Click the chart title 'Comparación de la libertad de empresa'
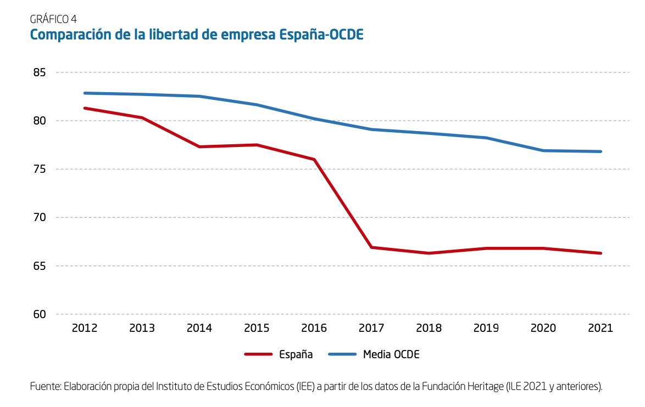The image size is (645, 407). pyautogui.click(x=196, y=35)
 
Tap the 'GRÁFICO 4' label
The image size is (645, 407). pyautogui.click(x=53, y=19)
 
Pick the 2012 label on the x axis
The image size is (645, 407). pyautogui.click(x=85, y=328)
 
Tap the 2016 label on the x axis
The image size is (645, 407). pyautogui.click(x=314, y=328)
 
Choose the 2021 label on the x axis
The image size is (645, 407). pyautogui.click(x=600, y=328)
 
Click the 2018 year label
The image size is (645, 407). pyautogui.click(x=429, y=328)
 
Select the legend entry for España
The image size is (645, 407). pyautogui.click(x=296, y=354)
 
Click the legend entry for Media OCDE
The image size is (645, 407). pyautogui.click(x=391, y=354)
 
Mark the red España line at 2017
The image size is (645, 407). pyautogui.click(x=371, y=247)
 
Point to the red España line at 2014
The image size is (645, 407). pyautogui.click(x=199, y=146)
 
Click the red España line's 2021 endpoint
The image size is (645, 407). pyautogui.click(x=600, y=253)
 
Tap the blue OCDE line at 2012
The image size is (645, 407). pyautogui.click(x=85, y=93)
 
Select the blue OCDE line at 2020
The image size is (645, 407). pyautogui.click(x=543, y=150)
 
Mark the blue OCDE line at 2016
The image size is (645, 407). pyautogui.click(x=314, y=118)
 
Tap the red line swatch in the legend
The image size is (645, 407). pyautogui.click(x=258, y=354)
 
